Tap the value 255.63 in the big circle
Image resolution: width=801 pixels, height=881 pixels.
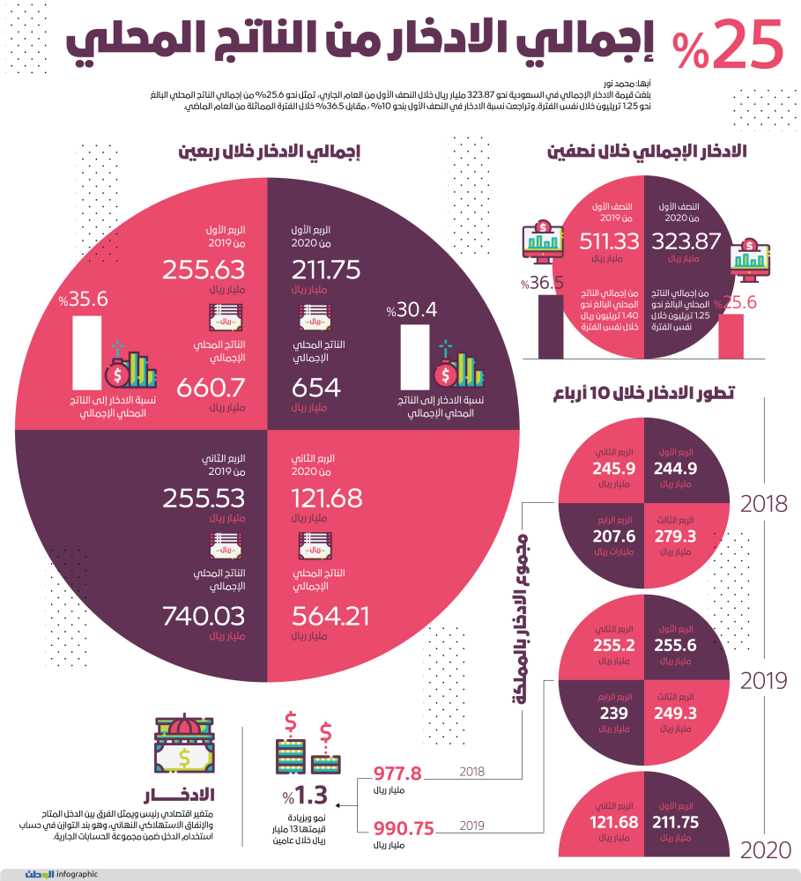pyautogui.click(x=204, y=270)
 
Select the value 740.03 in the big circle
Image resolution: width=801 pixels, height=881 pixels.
pyautogui.click(x=204, y=617)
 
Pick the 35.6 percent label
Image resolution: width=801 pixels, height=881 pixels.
pyautogui.click(x=84, y=300)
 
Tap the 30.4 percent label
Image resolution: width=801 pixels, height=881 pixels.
pyautogui.click(x=412, y=310)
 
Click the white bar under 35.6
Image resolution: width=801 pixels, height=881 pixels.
pyautogui.click(x=85, y=352)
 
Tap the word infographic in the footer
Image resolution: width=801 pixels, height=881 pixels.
pyautogui.click(x=76, y=874)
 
